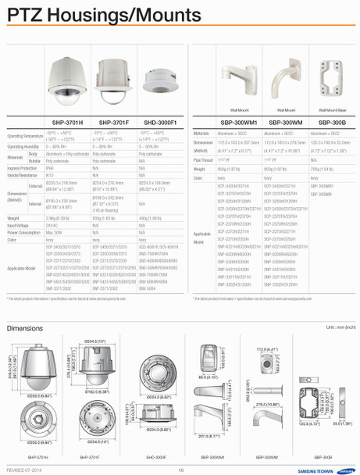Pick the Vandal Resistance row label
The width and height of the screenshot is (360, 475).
point(23,176)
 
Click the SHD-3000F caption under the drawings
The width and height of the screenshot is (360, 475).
point(156,456)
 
